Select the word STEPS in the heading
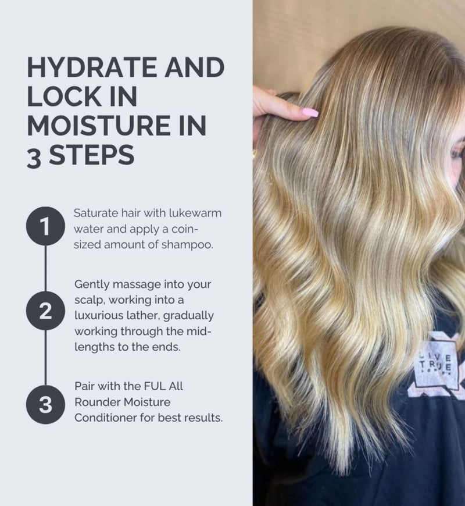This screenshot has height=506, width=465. click(x=92, y=155)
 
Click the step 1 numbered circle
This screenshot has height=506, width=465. click(x=45, y=226)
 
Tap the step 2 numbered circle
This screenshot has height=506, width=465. click(x=45, y=311)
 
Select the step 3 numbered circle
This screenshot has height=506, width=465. click(x=45, y=404)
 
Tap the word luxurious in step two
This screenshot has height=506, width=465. click(x=95, y=315)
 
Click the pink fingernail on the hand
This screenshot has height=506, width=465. click(x=310, y=112)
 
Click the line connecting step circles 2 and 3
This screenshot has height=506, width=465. click(x=45, y=358)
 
